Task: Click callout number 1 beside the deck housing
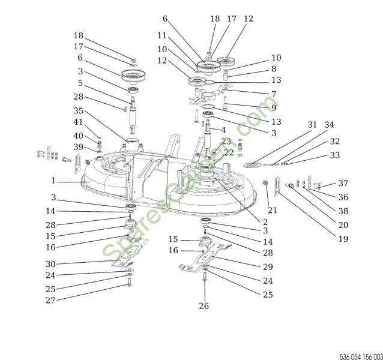point(53,180)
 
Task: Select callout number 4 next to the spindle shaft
point(223,130)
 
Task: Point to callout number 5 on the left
point(79,83)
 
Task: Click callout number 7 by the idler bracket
point(273,94)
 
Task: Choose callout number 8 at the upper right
point(273,70)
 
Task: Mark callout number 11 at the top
point(161,36)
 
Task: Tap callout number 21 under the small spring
point(272,210)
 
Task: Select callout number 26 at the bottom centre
point(205,306)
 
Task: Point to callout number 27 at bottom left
point(50,300)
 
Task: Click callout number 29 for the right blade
point(268,266)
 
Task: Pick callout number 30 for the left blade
point(50,264)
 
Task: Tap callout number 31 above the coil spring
point(312,125)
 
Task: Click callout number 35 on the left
point(79,111)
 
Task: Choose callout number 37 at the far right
point(343,183)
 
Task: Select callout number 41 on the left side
point(79,122)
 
